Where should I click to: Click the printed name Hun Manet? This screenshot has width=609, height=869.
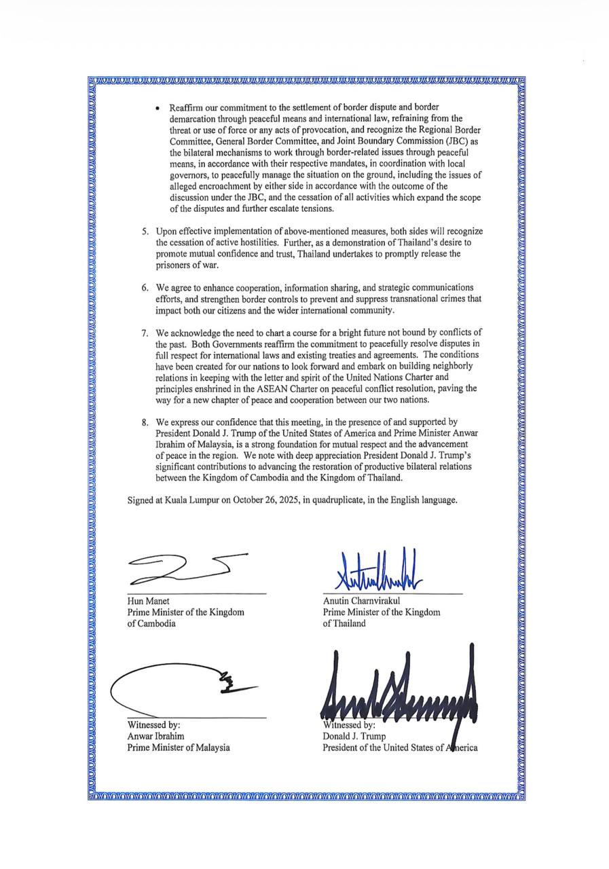pyautogui.click(x=148, y=601)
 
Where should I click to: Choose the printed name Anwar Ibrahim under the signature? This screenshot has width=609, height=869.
pyautogui.click(x=155, y=736)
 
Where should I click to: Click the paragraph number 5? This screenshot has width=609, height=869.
pyautogui.click(x=145, y=232)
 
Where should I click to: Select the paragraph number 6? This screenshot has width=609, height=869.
pyautogui.click(x=145, y=287)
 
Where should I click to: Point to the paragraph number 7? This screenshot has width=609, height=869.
pyautogui.click(x=145, y=333)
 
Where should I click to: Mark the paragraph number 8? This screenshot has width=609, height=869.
pyautogui.click(x=145, y=422)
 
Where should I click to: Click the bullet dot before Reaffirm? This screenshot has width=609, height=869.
pyautogui.click(x=158, y=108)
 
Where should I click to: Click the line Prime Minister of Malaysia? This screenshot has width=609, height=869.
pyautogui.click(x=179, y=747)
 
